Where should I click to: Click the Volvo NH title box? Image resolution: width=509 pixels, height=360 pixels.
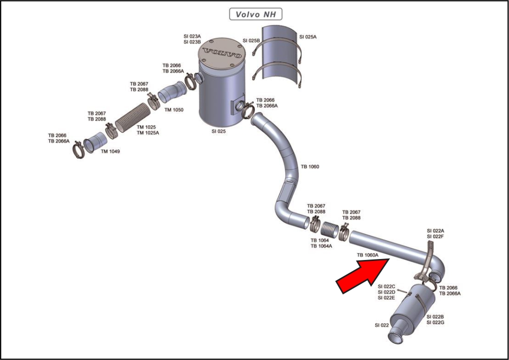click(256, 14)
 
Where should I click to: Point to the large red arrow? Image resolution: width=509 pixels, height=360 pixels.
click(362, 276)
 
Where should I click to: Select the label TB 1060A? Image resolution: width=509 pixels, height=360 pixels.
click(367, 255)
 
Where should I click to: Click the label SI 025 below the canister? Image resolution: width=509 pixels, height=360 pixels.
click(219, 131)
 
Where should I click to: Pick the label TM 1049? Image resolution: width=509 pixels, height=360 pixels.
click(110, 151)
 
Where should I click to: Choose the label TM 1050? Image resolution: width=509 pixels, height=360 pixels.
click(173, 109)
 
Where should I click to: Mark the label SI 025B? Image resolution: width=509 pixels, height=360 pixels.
click(251, 41)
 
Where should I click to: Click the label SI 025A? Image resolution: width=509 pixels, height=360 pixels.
click(308, 37)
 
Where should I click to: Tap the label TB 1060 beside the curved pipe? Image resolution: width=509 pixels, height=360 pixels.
click(310, 166)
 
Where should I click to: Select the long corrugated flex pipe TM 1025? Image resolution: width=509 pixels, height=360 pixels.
click(133, 118)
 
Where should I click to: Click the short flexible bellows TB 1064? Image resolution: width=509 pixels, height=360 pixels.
click(330, 229)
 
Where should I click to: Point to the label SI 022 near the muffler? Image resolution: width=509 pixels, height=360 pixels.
click(382, 325)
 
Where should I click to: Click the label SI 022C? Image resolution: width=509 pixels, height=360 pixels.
click(386, 286)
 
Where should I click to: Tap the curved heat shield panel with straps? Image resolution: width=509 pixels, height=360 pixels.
click(279, 52)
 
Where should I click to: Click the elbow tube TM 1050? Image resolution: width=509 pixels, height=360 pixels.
click(172, 92)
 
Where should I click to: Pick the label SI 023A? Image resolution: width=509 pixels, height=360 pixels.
click(192, 36)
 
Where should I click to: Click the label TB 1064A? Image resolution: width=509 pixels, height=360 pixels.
click(321, 246)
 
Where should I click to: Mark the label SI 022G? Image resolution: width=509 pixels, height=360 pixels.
click(435, 322)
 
